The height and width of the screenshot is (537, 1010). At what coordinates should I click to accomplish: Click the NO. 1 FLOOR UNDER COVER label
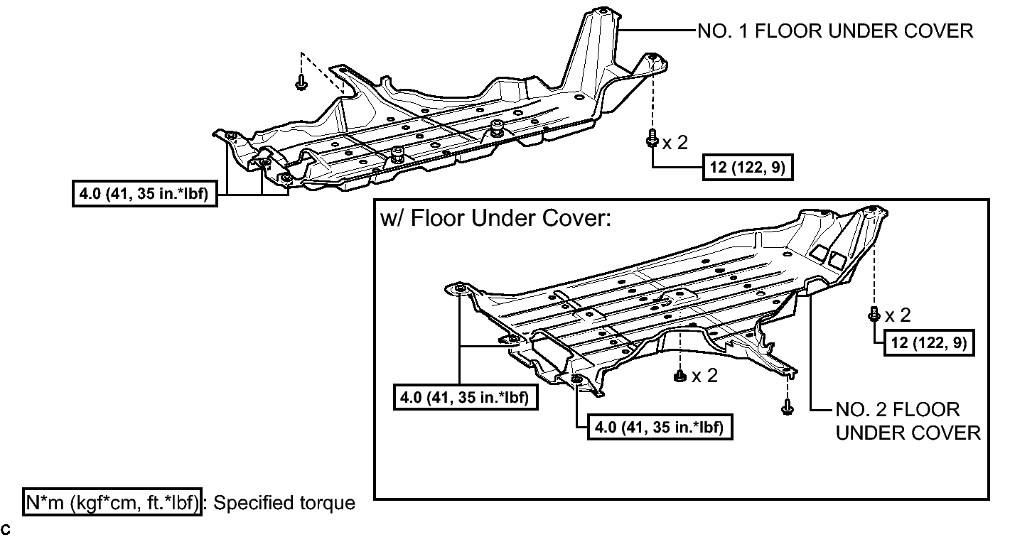[835, 31]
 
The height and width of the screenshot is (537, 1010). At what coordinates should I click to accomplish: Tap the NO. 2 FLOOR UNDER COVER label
[908, 421]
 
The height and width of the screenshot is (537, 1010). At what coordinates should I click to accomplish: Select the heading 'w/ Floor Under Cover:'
[495, 219]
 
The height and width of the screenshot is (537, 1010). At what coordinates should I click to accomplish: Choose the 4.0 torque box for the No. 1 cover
[145, 194]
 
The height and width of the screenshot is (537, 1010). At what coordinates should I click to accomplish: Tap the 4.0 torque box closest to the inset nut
[660, 427]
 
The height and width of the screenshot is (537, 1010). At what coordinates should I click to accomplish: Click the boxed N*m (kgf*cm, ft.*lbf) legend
[112, 502]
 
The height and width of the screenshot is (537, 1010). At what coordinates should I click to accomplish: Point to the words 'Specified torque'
[284, 503]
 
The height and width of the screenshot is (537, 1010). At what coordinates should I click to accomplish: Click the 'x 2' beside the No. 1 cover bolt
[675, 143]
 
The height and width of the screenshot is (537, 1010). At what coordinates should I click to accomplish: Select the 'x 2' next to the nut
[704, 375]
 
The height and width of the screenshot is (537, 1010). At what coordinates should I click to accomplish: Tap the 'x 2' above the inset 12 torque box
[898, 315]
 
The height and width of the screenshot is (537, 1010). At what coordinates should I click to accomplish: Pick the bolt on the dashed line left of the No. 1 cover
[301, 82]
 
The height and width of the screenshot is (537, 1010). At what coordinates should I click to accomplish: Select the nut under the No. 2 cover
[679, 375]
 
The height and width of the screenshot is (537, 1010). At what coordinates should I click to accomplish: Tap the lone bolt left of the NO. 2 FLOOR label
[788, 407]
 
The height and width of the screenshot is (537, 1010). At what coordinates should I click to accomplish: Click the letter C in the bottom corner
[6, 529]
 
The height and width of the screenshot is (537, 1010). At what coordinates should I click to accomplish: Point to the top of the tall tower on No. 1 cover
[603, 11]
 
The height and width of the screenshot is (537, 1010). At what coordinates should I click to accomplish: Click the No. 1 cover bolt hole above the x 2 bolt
[652, 58]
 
